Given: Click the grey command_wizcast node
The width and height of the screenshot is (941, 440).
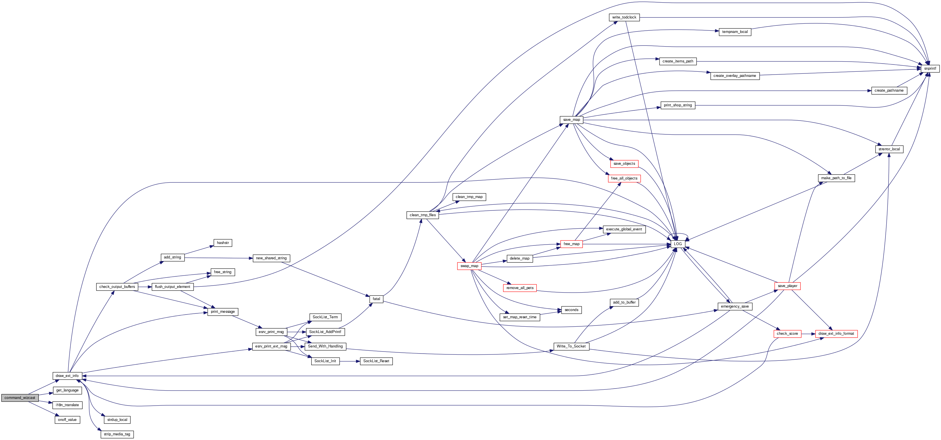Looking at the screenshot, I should (x=20, y=398).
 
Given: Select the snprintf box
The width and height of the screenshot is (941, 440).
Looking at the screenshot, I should (x=930, y=68).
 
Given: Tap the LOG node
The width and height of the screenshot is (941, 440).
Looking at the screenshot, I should (x=678, y=244).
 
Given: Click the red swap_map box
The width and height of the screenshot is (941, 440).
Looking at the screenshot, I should (x=469, y=266).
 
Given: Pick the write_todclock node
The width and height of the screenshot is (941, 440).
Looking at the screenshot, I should (x=624, y=17).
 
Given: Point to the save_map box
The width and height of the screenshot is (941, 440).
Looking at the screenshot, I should (x=571, y=120).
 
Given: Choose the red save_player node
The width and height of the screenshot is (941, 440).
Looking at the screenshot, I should (x=787, y=286).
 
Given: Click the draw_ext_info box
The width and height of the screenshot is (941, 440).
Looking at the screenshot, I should (x=67, y=376).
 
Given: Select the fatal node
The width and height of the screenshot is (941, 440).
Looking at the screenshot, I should (x=376, y=299).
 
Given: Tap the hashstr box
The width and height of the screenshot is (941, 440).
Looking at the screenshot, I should (x=222, y=243).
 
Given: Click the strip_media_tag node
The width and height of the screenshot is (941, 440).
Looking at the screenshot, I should (x=117, y=434).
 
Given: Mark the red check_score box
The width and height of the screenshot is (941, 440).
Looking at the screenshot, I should (x=787, y=334).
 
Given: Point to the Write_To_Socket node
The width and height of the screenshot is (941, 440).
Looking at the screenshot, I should (x=571, y=346).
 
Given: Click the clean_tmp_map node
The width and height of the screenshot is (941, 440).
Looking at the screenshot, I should (x=469, y=197).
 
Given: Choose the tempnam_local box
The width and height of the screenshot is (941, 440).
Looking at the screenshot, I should (x=735, y=32).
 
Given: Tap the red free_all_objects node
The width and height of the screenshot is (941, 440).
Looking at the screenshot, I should (x=624, y=178).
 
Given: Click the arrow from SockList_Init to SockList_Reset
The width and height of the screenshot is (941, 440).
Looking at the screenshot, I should (x=350, y=361).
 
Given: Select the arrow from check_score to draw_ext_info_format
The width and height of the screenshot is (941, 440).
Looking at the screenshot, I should (x=808, y=334).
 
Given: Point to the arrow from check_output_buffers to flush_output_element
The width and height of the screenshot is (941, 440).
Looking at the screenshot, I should (x=145, y=287).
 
